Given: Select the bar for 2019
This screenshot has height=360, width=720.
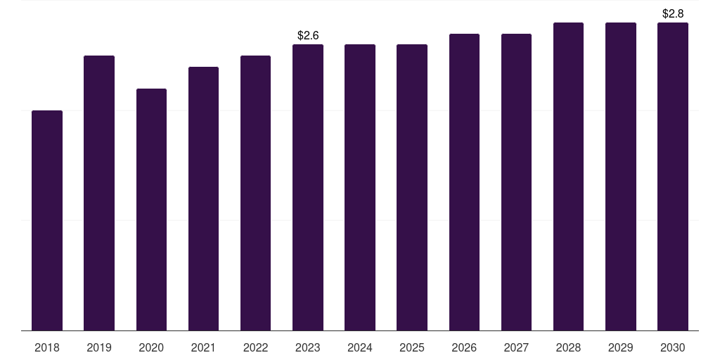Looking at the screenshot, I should point(99,193).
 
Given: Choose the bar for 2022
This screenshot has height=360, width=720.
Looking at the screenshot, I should point(255,193).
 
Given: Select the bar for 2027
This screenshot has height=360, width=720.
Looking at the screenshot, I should point(516,182).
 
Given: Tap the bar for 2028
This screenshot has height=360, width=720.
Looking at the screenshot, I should point(568,176).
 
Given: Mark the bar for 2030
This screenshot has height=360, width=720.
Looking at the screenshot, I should point(673,176).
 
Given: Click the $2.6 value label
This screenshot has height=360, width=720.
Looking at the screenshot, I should point(308,35).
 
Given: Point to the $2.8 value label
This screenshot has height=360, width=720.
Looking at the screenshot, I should point(673,13).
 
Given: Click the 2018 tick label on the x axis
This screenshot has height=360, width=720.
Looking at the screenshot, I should point(47,347).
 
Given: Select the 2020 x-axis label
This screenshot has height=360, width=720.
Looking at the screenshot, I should point(151,347).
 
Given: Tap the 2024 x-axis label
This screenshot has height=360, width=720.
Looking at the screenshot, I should point(360,347).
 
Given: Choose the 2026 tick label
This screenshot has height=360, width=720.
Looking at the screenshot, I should point(464,347).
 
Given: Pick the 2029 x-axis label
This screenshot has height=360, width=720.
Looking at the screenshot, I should point(621,347).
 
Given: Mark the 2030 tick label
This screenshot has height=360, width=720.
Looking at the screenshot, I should point(673,347).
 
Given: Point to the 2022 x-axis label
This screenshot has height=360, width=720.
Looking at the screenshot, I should point(255,347).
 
